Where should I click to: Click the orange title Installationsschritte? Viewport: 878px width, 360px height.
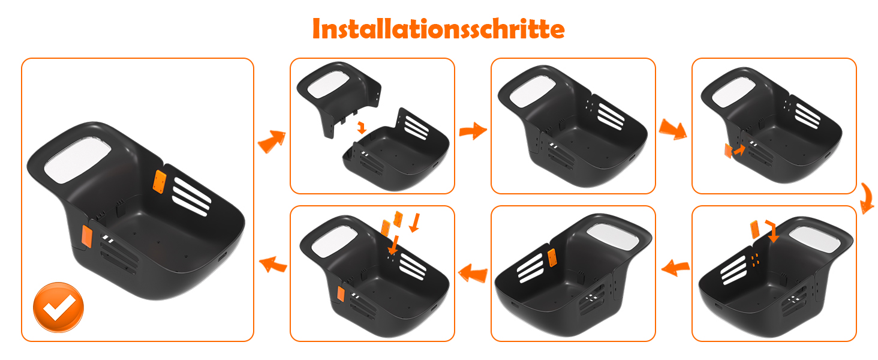pyautogui.click(x=438, y=29)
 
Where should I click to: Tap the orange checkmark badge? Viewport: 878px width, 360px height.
pyautogui.click(x=58, y=307)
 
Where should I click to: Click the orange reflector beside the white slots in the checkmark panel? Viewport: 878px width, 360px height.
pyautogui.click(x=160, y=182)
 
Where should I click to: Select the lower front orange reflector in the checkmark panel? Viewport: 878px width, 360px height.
pyautogui.click(x=86, y=236)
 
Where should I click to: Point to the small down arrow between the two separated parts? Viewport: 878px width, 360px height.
pyautogui.click(x=362, y=127)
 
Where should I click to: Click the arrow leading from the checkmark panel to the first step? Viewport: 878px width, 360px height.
pyautogui.click(x=272, y=141)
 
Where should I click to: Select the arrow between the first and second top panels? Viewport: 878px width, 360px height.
pyautogui.click(x=473, y=131)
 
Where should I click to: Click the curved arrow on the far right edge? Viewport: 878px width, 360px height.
pyautogui.click(x=867, y=199)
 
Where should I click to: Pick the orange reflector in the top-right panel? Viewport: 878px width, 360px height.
pyautogui.click(x=728, y=151)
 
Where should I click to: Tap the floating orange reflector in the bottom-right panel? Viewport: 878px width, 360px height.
pyautogui.click(x=754, y=230)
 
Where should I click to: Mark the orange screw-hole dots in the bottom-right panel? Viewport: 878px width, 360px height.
pyautogui.click(x=755, y=260)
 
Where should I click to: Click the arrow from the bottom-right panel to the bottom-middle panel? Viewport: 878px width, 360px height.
pyautogui.click(x=675, y=268)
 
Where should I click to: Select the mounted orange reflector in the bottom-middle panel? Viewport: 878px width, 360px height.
pyautogui.click(x=552, y=257)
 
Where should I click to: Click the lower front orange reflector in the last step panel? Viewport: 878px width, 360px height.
pyautogui.click(x=341, y=294)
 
